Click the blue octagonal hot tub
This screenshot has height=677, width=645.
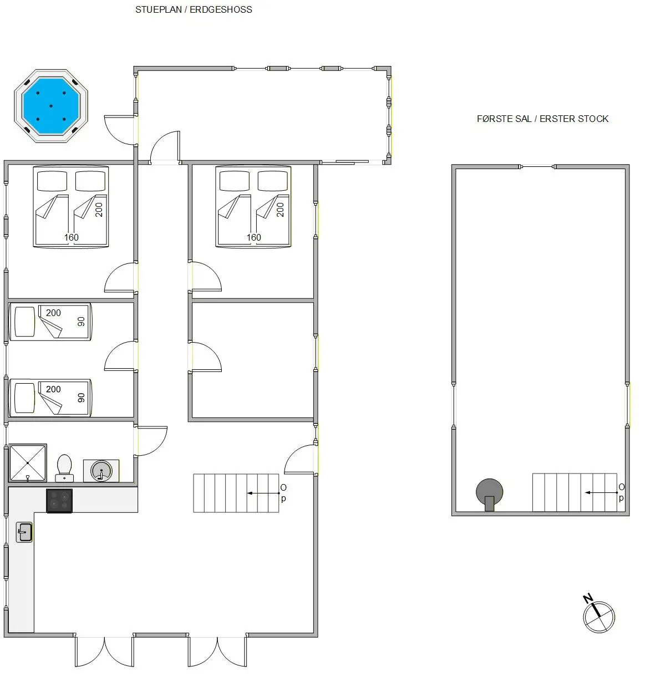pyautogui.click(x=51, y=106)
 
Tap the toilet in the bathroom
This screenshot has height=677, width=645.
pyautogui.click(x=64, y=469)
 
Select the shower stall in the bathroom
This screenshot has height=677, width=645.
pyautogui.click(x=28, y=463)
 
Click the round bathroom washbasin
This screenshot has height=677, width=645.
pyautogui.click(x=101, y=471)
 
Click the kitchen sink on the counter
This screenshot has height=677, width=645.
pyautogui.click(x=24, y=532)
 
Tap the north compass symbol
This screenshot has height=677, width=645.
pyautogui.click(x=598, y=615)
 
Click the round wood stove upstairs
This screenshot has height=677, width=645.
pyautogui.click(x=489, y=494)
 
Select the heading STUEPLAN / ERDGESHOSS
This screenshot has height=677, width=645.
pyautogui.click(x=194, y=9)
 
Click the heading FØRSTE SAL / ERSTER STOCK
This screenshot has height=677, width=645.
pyautogui.click(x=542, y=119)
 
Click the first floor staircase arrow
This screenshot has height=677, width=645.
pyautogui.click(x=602, y=492)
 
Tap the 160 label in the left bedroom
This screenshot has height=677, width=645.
pyautogui.click(x=72, y=237)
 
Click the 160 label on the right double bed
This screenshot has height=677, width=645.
pyautogui.click(x=253, y=237)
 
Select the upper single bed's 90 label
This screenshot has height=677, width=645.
pyautogui.click(x=81, y=322)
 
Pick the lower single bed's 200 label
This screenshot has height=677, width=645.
pyautogui.click(x=53, y=389)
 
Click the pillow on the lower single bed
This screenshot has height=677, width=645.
pyautogui.click(x=24, y=398)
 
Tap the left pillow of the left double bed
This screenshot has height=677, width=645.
pyautogui.click(x=52, y=181)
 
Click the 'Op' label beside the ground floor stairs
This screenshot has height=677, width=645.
pyautogui.click(x=283, y=493)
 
